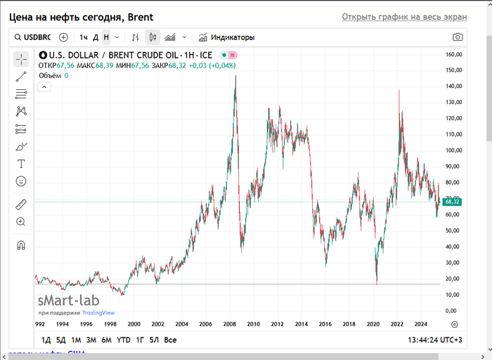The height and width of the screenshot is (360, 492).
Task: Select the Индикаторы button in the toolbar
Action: point(226,37)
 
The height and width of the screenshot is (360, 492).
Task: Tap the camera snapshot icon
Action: point(458,37)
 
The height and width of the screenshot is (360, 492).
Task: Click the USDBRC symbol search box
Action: point(33,37)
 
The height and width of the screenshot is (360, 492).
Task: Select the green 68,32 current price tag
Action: point(452,202)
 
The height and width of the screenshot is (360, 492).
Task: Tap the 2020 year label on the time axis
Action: point(373,324)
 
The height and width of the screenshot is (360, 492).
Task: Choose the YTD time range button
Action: point(124,340)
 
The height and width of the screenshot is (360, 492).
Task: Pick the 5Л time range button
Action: point(155,340)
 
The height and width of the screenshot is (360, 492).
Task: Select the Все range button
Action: point(170,340)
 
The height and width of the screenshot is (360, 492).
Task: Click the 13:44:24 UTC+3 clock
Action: point(435,340)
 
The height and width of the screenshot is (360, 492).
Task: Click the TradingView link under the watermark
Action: point(98,313)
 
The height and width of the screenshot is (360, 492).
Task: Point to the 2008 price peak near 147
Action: point(235,76)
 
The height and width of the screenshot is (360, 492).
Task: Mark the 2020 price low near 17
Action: point(377,283)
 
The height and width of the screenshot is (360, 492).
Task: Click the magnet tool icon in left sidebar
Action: point(21,245)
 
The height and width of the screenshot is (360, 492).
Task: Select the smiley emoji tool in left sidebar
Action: point(21,181)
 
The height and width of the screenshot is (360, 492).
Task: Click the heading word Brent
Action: point(141,17)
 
